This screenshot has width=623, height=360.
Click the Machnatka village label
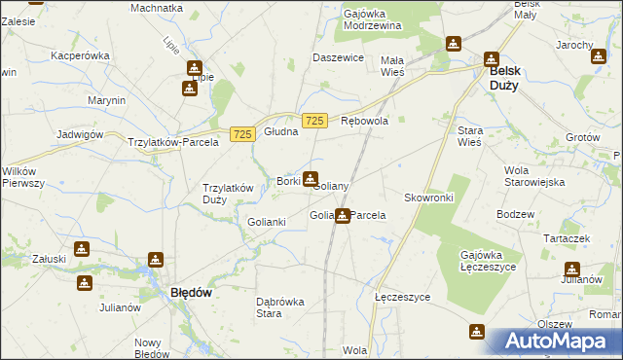click(157, 8)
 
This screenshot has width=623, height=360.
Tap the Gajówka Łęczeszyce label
click(487, 262)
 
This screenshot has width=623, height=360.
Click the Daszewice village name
click(337, 57)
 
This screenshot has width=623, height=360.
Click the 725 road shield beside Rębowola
click(313, 121)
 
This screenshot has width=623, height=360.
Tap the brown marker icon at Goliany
click(311, 179)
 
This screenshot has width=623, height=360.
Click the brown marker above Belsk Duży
click(493, 57)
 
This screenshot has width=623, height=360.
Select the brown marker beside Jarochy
click(598, 55)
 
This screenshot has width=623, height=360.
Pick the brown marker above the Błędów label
click(155, 260)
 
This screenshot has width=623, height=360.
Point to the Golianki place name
click(266, 222)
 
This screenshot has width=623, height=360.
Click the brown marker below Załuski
click(85, 283)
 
